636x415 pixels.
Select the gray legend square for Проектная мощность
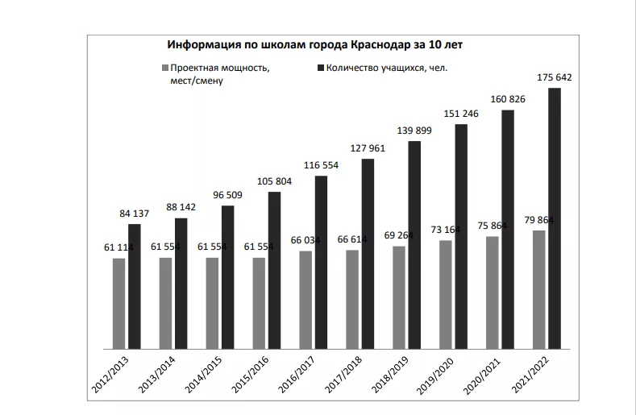164,68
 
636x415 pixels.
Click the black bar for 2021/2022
555,217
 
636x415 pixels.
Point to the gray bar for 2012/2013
119,301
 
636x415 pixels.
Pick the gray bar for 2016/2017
306,298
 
